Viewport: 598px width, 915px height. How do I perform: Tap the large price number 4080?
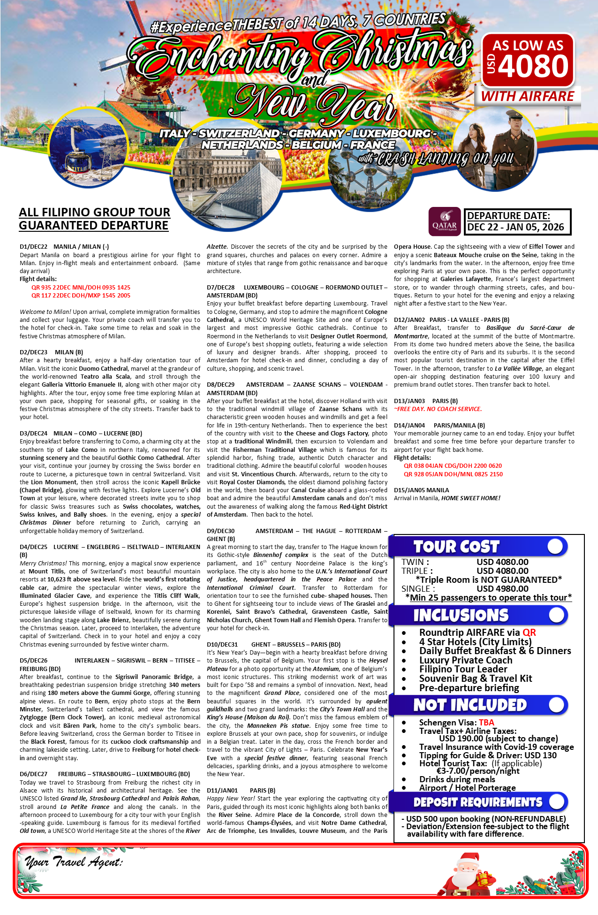point(534,66)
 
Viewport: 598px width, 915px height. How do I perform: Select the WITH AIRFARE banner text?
point(528,96)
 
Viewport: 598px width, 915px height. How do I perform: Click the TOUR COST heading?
point(456,547)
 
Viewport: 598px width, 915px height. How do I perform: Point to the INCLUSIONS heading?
point(461,615)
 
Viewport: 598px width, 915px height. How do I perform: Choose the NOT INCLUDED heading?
point(470,705)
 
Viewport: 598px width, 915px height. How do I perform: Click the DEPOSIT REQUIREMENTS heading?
point(477,802)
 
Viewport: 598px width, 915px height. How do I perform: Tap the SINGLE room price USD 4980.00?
point(502,588)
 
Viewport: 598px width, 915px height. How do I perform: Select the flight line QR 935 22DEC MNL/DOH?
point(81,287)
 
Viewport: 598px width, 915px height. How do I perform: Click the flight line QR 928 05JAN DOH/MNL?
point(453,474)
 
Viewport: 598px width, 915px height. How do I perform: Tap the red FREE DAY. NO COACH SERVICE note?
point(438,409)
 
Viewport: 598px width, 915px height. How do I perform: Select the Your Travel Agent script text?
point(74,862)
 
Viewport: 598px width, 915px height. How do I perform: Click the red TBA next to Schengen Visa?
point(486,722)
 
